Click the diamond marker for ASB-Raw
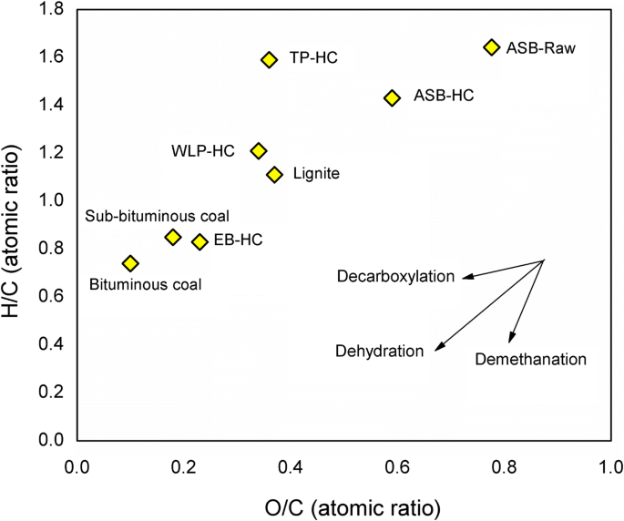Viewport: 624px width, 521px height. [492, 46]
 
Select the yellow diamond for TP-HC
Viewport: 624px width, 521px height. [269, 59]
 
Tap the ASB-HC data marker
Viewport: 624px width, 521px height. [392, 97]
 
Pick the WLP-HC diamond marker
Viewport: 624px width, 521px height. [259, 150]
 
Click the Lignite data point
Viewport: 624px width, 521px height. [274, 174]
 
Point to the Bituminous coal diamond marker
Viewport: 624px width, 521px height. [130, 263]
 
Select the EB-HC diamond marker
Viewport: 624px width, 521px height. [199, 241]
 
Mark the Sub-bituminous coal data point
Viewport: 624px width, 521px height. [173, 237]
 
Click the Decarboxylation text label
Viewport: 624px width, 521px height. [395, 276]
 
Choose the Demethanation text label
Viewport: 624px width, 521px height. [530, 360]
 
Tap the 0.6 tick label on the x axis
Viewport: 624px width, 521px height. [396, 467]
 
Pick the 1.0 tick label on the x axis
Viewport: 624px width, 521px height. [609, 467]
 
